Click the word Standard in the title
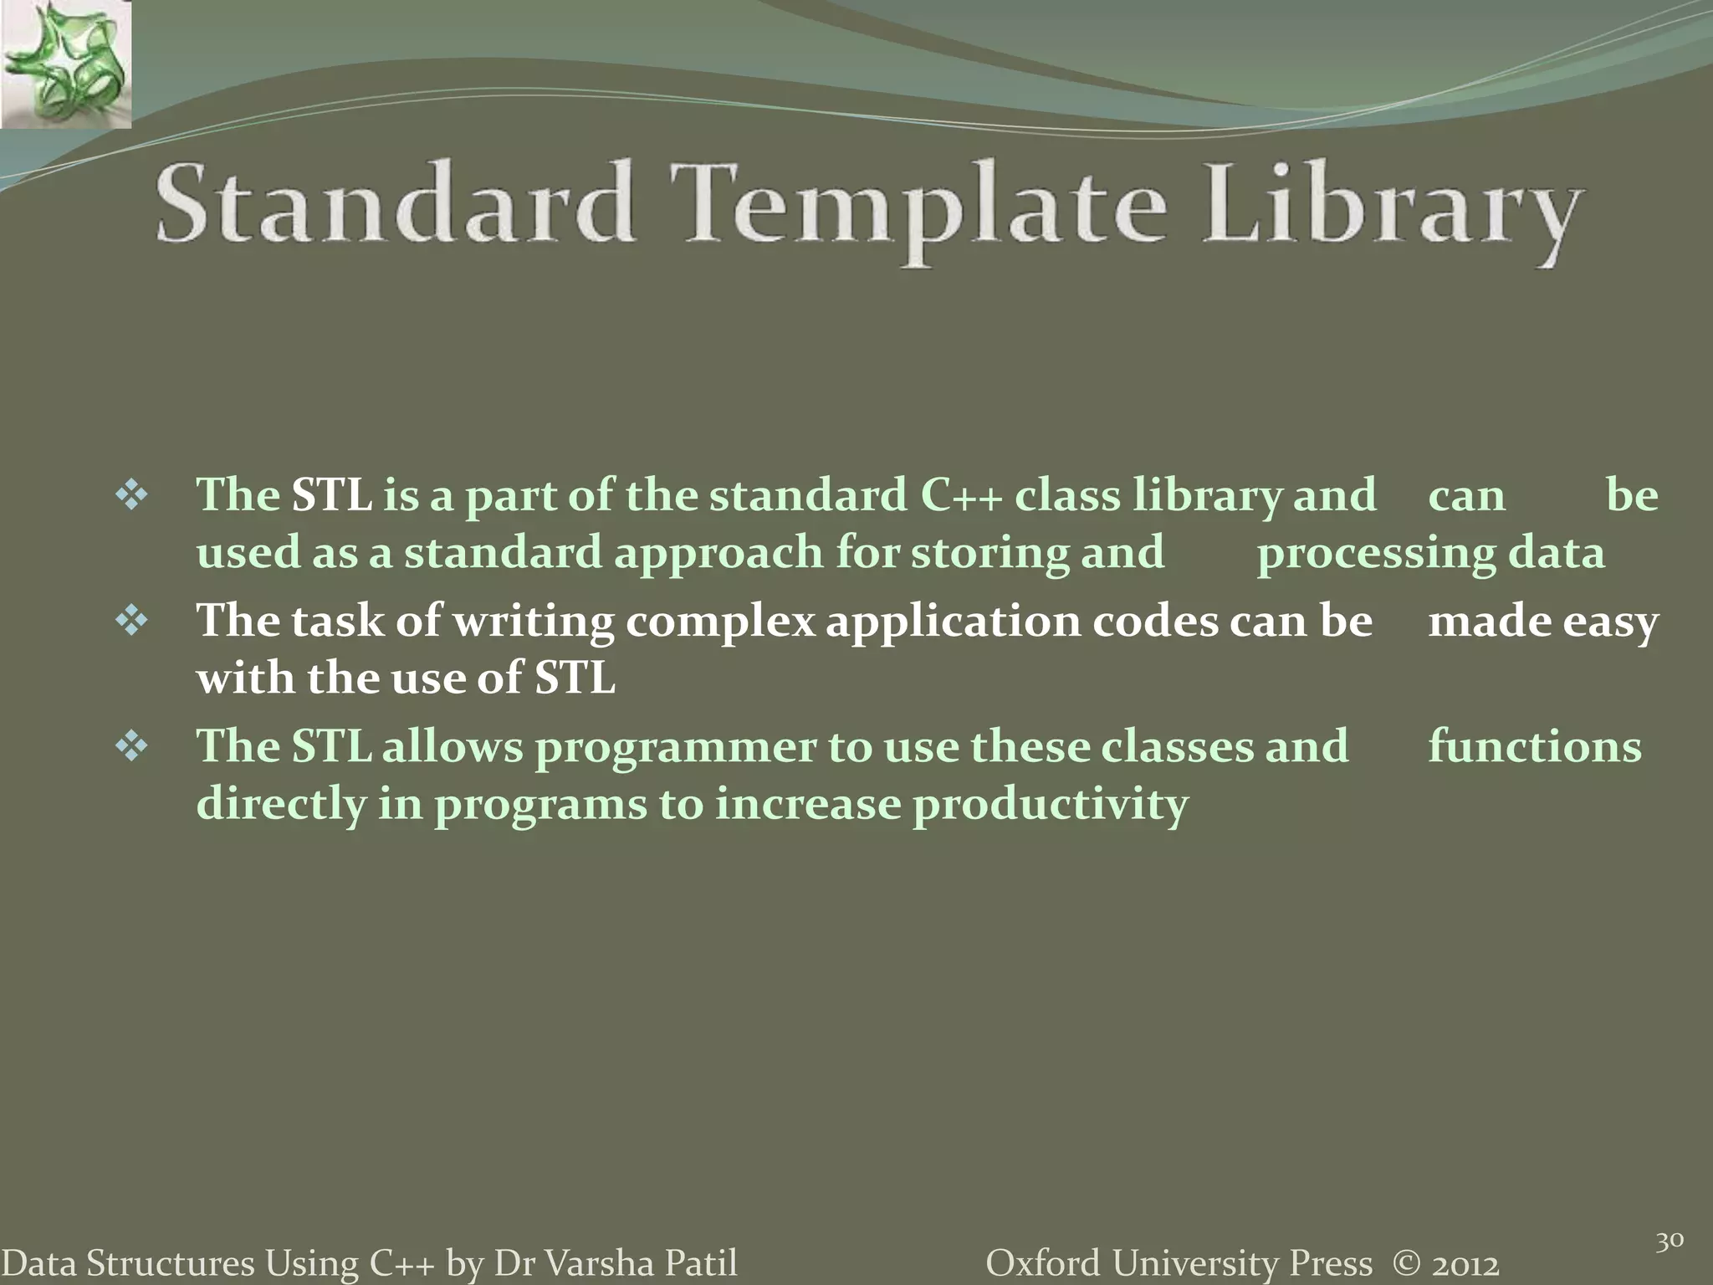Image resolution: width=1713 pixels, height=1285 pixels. [393, 205]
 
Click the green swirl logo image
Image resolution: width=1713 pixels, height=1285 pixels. [65, 64]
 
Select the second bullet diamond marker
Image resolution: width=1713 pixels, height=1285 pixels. [131, 622]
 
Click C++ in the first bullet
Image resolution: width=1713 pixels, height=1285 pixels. [960, 495]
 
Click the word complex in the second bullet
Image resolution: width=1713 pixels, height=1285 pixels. [719, 622]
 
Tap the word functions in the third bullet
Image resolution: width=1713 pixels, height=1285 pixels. [1534, 746]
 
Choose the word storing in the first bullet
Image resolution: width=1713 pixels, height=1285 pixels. [989, 554]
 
